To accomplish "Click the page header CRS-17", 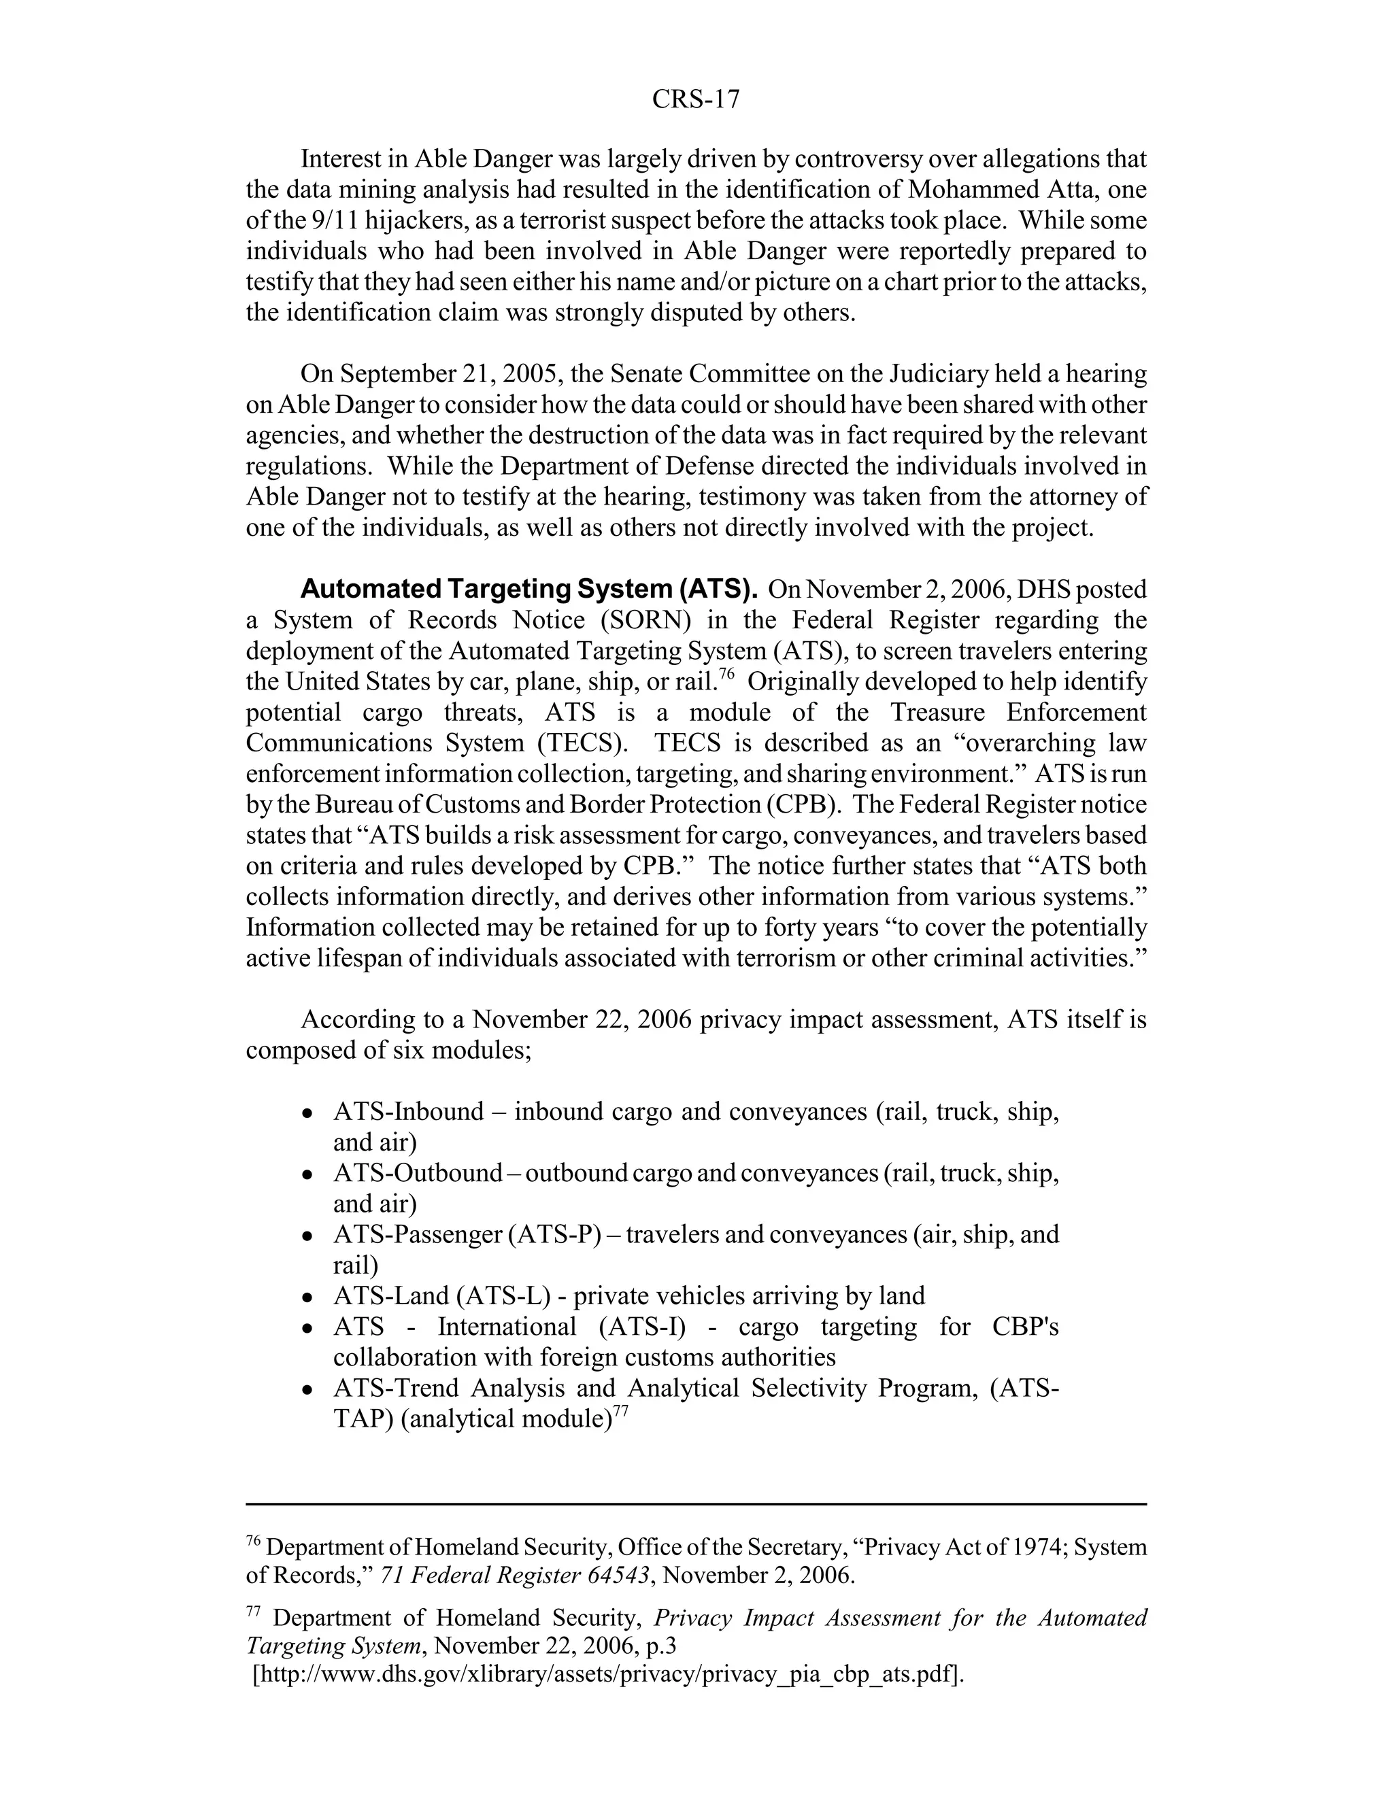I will click(696, 99).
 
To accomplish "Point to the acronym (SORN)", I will click(645, 619).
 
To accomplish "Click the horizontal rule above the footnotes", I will click(696, 1504).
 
